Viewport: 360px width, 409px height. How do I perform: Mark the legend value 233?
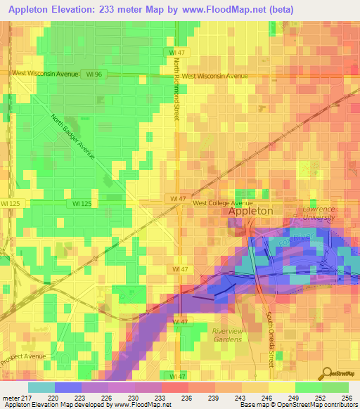coord(161,397)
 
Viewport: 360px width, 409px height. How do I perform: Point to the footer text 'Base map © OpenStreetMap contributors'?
coord(298,405)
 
